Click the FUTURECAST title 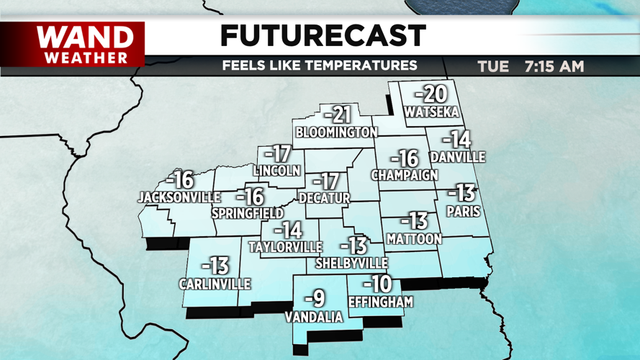323,35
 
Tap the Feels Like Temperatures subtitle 320,66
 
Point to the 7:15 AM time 554,67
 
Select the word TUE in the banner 493,67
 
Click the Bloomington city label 336,132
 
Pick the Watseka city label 431,112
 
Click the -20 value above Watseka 431,94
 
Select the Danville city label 457,157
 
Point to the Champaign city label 405,175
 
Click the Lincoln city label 276,171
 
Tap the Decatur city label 325,198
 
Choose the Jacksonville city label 179,197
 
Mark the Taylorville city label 285,247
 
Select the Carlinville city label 215,284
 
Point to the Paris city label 463,212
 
